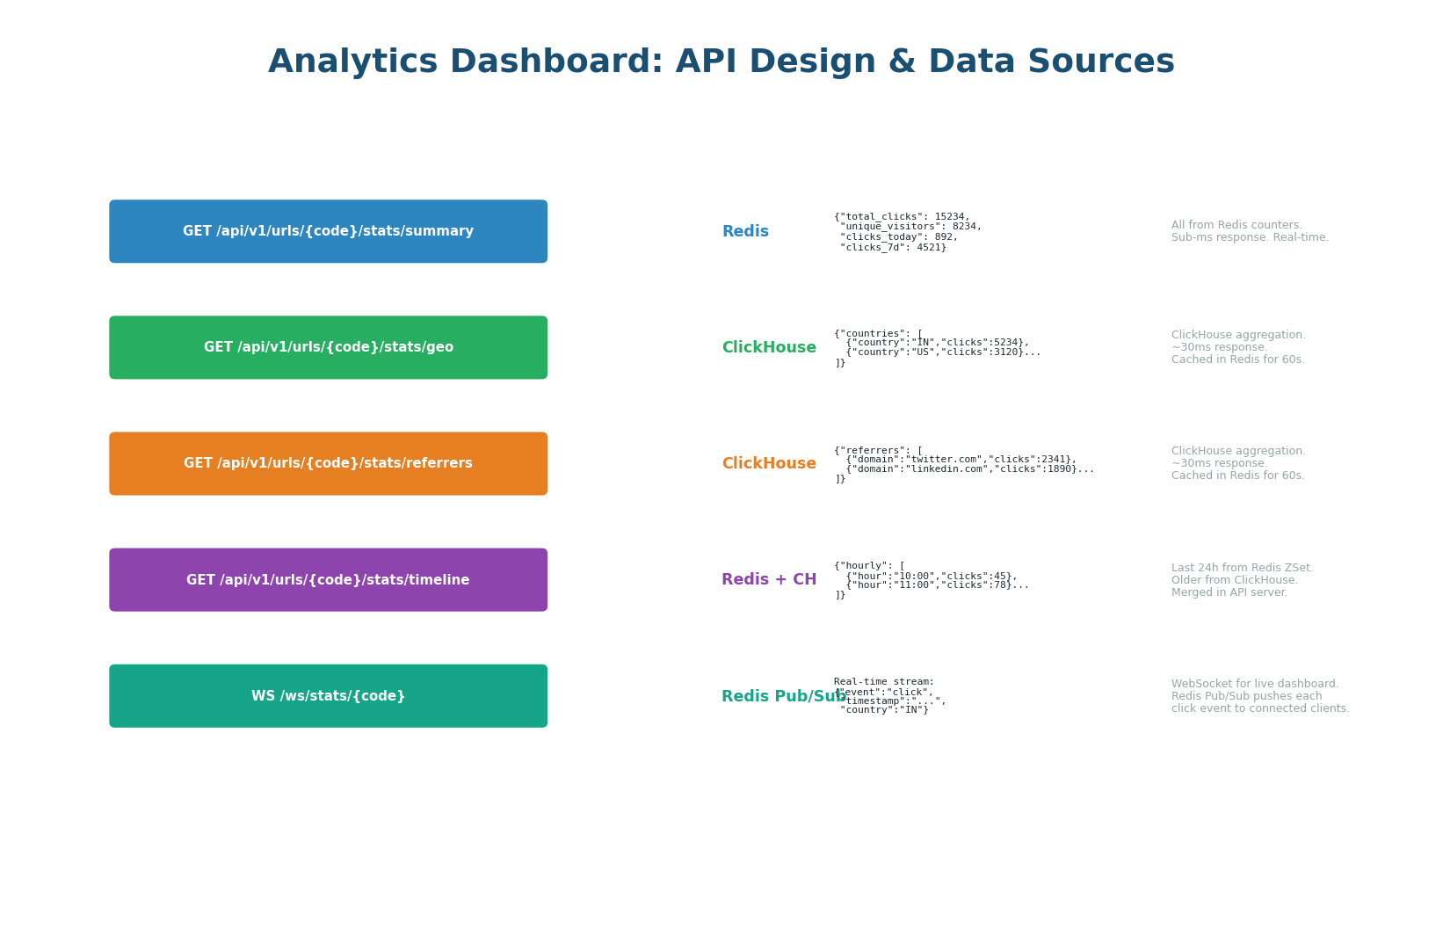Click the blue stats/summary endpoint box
point(328,231)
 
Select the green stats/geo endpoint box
point(328,347)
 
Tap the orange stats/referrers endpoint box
point(328,463)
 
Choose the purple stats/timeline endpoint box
point(328,580)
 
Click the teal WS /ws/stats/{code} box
point(328,696)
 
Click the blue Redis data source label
point(745,232)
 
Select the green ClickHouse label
point(769,348)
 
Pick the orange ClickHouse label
point(769,464)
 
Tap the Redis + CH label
point(769,580)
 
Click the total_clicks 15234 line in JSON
point(903,216)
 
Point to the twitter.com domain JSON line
point(961,459)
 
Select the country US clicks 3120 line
point(943,352)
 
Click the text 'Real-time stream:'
point(884,682)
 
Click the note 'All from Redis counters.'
point(1236,225)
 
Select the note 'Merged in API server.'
point(1229,592)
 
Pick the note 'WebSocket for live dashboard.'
point(1255,684)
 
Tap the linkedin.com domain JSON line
point(969,469)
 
